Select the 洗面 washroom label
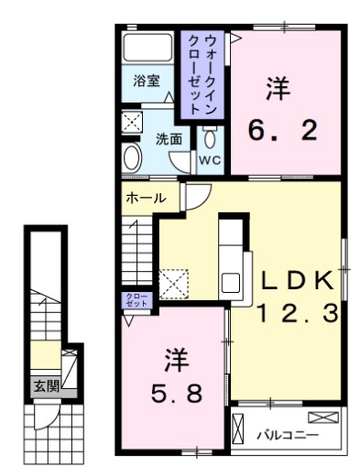(168, 139)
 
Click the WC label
(211, 159)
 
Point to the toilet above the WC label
(211, 138)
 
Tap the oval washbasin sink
(131, 157)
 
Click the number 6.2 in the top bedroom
(283, 130)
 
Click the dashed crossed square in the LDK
(173, 281)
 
